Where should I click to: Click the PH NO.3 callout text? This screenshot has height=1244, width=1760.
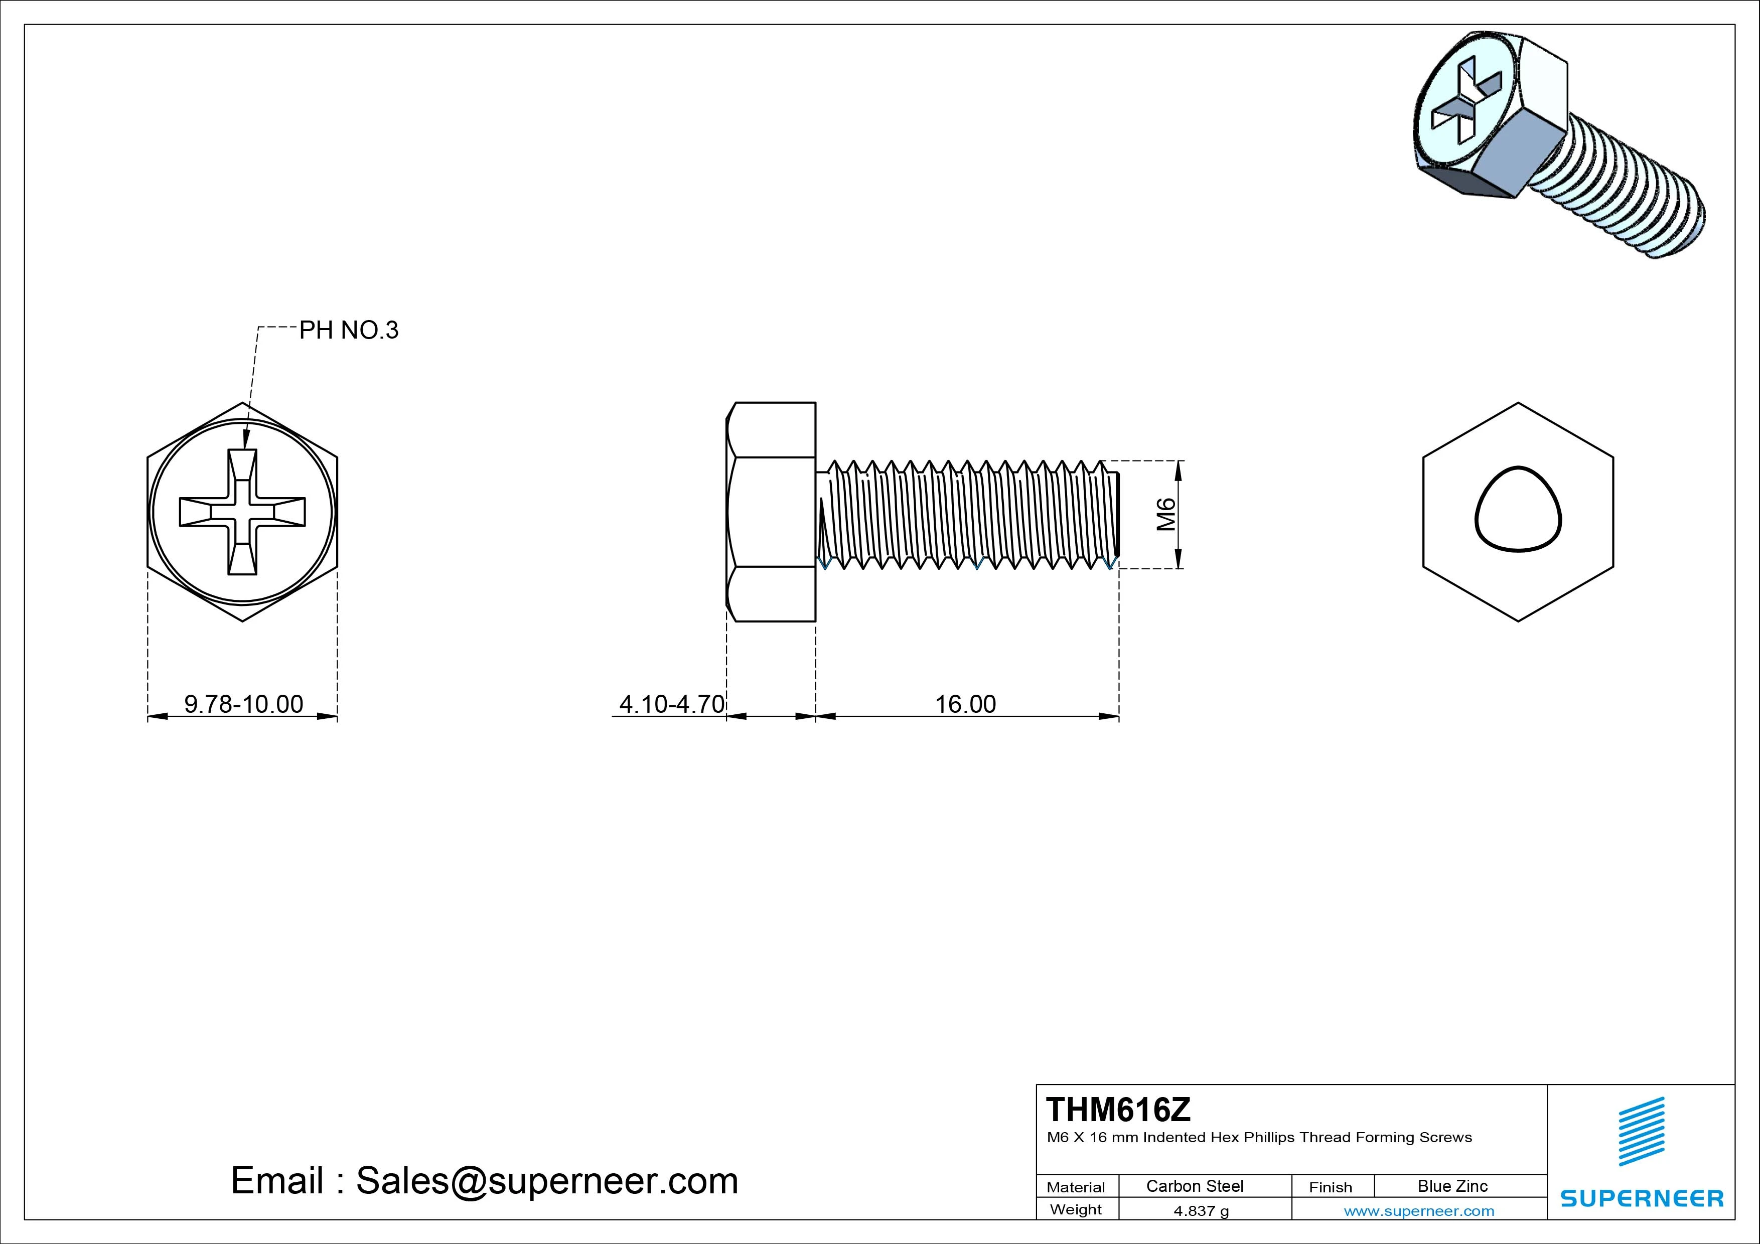pos(349,331)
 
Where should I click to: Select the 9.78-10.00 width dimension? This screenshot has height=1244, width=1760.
pos(243,704)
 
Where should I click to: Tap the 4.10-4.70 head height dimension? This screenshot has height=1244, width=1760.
pos(671,704)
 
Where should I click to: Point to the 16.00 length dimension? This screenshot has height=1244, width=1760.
pos(965,704)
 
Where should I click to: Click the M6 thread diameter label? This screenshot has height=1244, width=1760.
pos(1165,514)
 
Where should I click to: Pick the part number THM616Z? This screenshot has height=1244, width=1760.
pos(1118,1109)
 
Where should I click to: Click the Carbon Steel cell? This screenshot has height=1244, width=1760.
pos(1194,1186)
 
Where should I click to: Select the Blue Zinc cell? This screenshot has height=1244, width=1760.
pos(1452,1186)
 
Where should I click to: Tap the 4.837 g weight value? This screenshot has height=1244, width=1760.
pos(1201,1211)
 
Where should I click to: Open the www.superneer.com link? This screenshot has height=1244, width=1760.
pos(1419,1211)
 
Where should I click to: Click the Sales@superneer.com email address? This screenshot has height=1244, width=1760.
pos(546,1180)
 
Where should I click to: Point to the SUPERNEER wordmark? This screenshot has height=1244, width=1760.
pos(1641,1198)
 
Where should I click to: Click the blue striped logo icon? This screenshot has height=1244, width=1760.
pos(1641,1131)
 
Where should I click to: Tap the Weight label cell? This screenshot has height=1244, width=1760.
pos(1076,1209)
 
